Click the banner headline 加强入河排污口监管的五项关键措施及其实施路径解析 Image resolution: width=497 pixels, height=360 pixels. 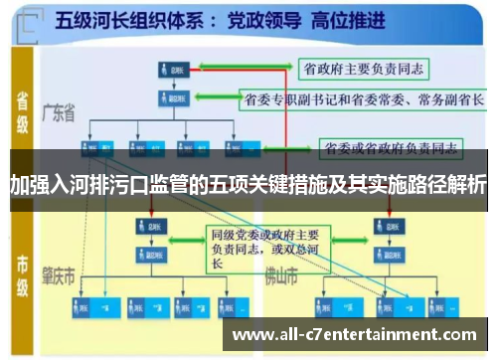click(x=248, y=184)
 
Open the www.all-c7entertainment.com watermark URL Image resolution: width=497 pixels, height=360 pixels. click(x=354, y=334)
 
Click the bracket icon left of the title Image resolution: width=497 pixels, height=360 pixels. click(x=36, y=20)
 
